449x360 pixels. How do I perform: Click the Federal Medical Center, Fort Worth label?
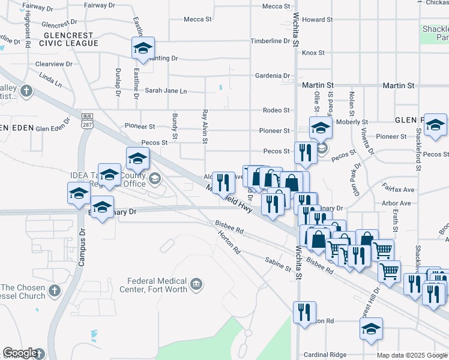coord(155,285)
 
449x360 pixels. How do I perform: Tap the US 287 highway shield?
coord(87,122)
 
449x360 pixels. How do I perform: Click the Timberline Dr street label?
coord(270,41)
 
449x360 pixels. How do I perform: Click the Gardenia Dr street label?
coord(272,76)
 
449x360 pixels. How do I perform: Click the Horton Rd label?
coord(229,243)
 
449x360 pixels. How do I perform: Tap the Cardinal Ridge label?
coord(325,355)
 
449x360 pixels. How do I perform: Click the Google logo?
coord(20,353)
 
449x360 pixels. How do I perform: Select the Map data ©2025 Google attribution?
coord(412,355)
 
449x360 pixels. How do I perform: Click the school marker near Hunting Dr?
coord(143,48)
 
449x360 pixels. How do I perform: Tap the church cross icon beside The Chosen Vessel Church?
coord(54,291)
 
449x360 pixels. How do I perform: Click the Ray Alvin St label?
coord(205,127)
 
